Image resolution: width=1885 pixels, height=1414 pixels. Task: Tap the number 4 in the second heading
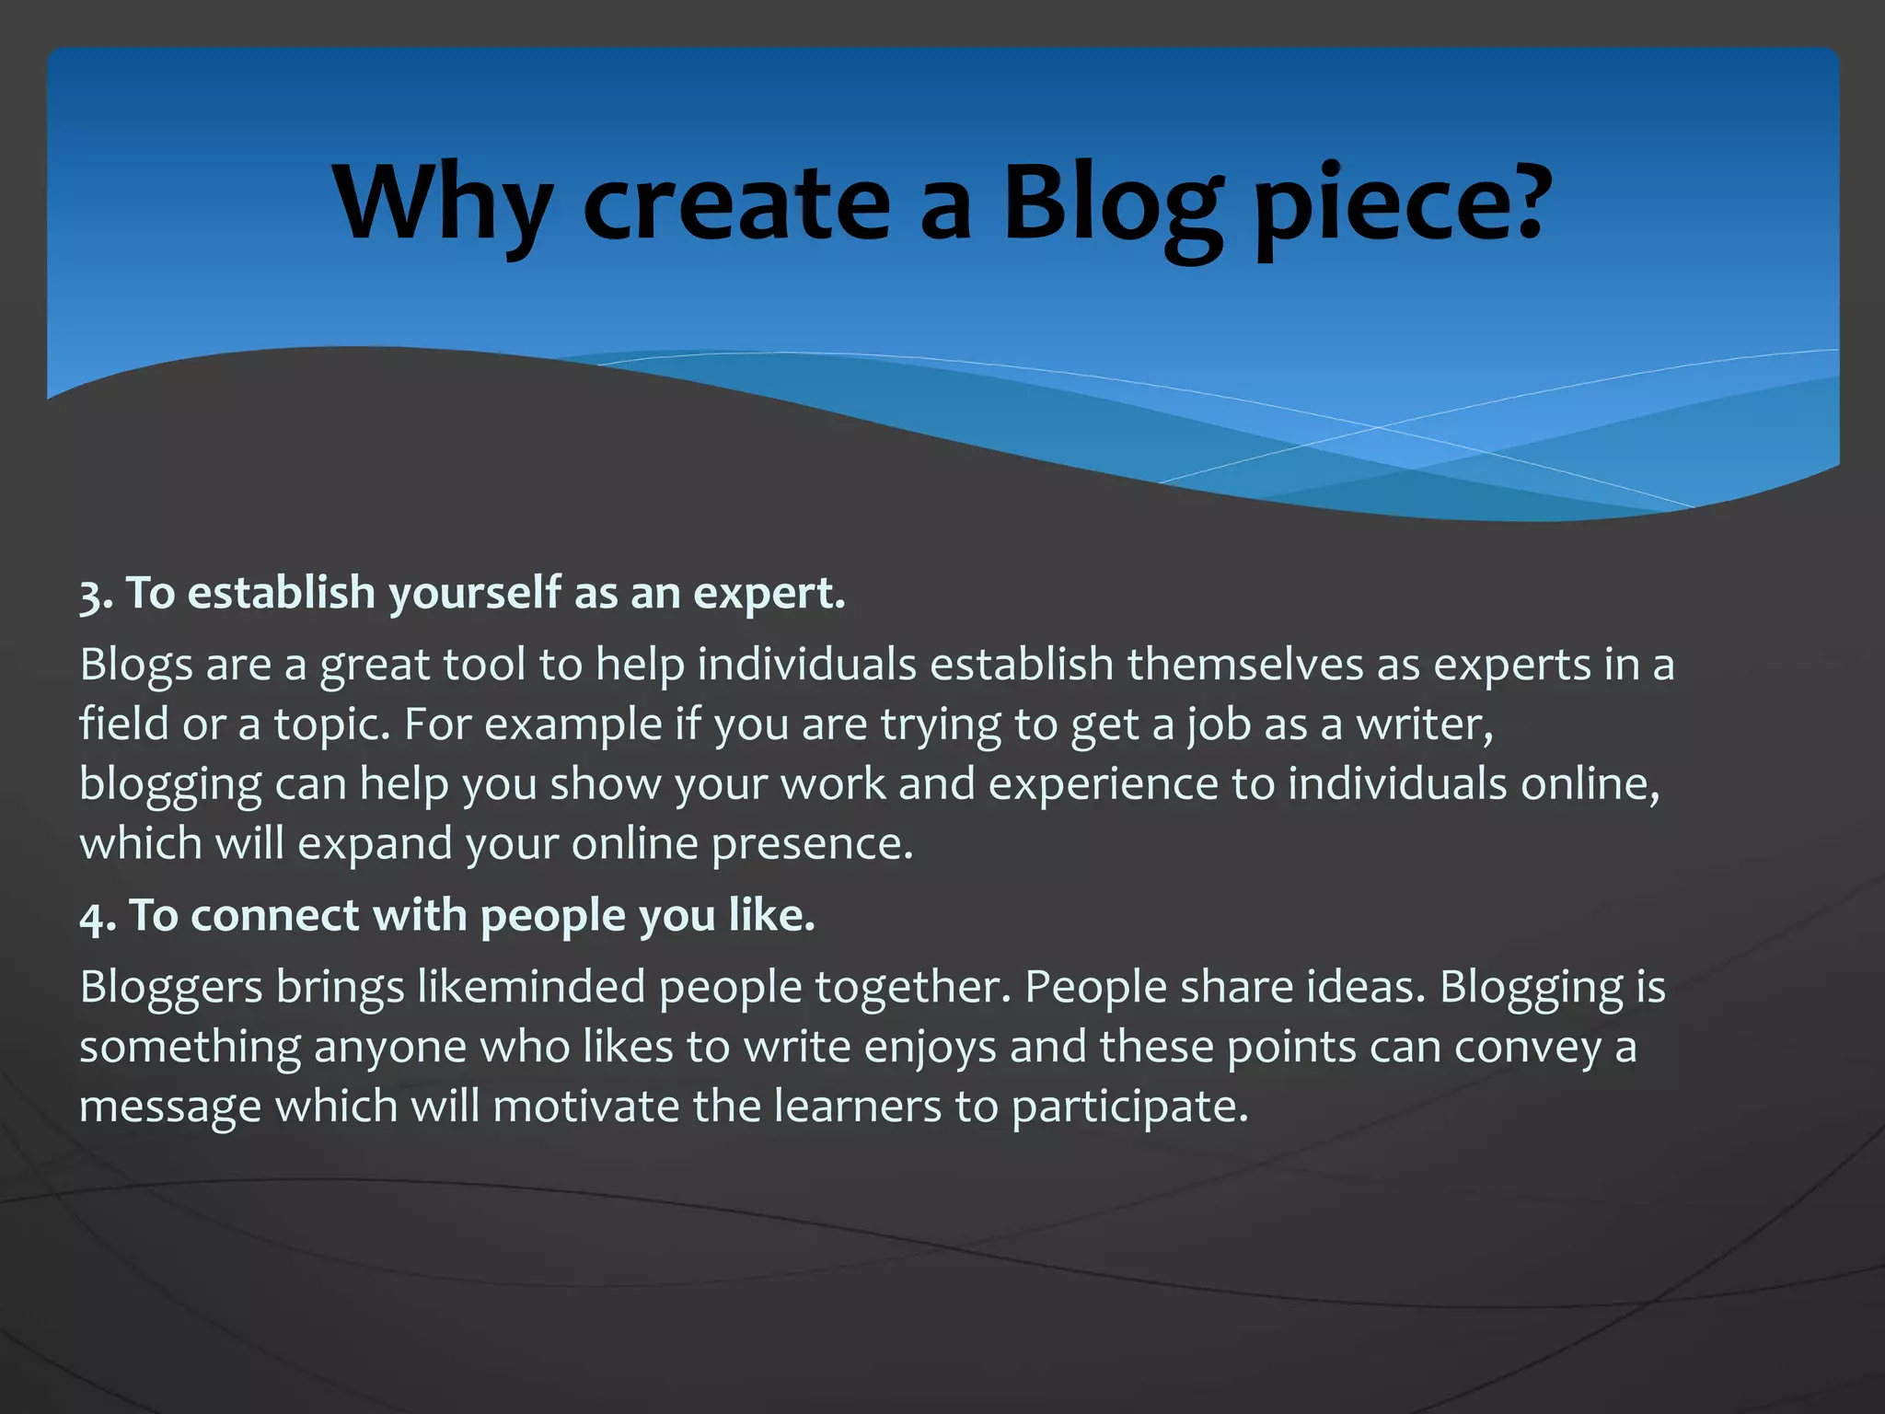(x=92, y=917)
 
